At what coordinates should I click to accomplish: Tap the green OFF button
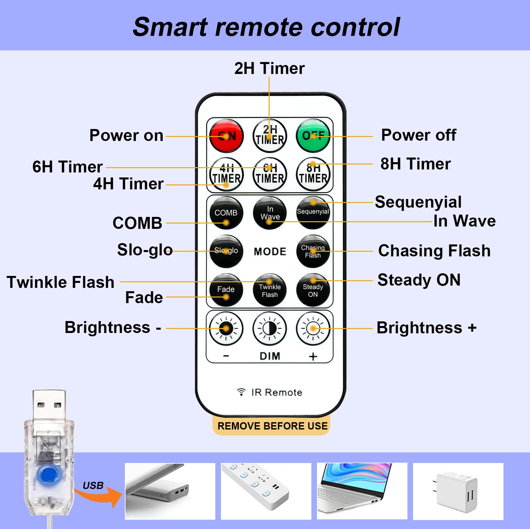[313, 136]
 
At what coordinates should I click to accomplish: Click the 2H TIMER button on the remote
[270, 136]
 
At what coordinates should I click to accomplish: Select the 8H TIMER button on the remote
[313, 174]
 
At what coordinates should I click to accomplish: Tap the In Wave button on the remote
[270, 213]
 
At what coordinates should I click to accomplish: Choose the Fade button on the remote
[226, 290]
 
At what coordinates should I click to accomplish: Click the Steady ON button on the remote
[313, 290]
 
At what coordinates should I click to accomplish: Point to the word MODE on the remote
[270, 251]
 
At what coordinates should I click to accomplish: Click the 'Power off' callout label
[419, 135]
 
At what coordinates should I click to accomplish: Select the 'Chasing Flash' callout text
[434, 251]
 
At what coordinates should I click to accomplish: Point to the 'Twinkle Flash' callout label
[61, 282]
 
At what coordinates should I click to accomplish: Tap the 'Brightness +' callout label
[427, 328]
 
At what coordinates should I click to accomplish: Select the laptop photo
[362, 491]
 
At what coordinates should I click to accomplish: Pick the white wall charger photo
[458, 491]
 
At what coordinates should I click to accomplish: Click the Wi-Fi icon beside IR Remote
[241, 392]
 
